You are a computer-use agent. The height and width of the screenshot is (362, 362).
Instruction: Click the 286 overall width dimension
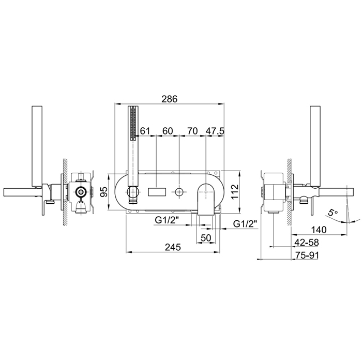coord(170,99)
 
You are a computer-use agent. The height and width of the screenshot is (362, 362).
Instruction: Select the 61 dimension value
coord(145,131)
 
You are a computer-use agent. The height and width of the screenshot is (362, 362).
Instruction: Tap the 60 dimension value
coord(168,131)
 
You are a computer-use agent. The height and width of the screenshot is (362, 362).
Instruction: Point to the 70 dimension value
coord(192,131)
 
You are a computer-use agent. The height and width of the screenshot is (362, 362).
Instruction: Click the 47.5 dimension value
coord(215,131)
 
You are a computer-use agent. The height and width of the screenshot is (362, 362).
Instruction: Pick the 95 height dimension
coord(105,192)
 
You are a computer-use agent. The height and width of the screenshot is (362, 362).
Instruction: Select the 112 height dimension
coord(235,192)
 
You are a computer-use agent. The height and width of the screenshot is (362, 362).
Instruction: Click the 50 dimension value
coord(206,237)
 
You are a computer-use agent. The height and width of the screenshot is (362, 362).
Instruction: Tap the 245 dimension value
coord(173,247)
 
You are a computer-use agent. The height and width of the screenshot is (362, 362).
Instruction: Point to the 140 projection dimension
coord(319,230)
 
